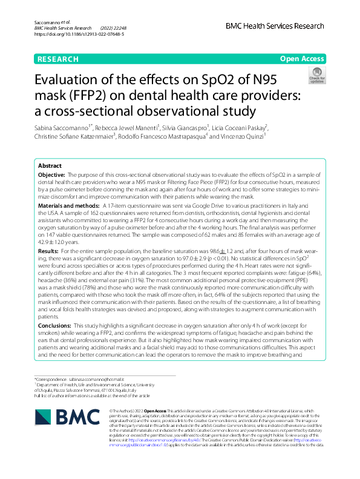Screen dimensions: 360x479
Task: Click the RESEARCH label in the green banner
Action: (x=57, y=59)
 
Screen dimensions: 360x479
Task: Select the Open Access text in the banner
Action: (x=303, y=59)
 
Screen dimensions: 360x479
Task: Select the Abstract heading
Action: (x=50, y=166)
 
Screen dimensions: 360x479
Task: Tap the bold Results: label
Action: (x=48, y=251)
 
